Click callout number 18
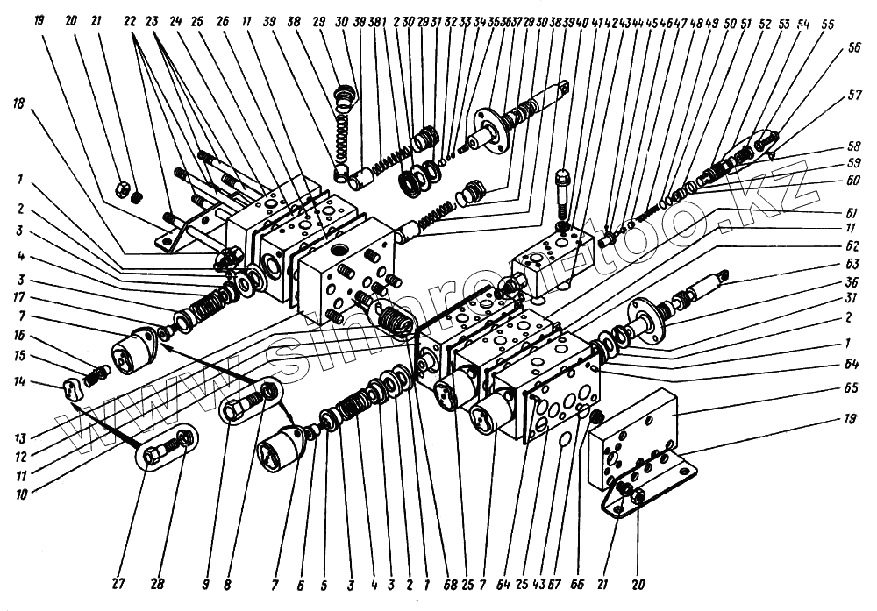click(x=18, y=103)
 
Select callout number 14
click(x=18, y=382)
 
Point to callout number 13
click(x=18, y=437)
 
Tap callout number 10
click(x=18, y=493)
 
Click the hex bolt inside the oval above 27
click(x=160, y=452)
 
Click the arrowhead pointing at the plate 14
click(x=75, y=406)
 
